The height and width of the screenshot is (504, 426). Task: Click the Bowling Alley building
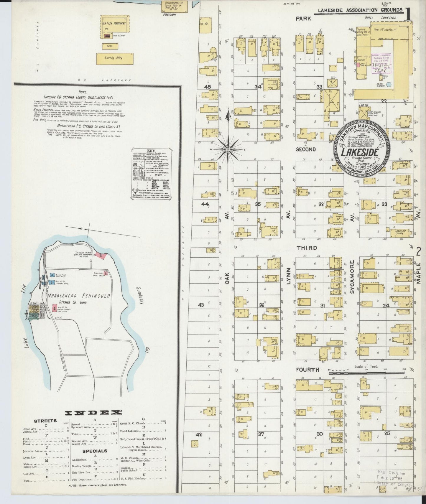pos(115,58)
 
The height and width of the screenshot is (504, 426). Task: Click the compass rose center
pos(228,149)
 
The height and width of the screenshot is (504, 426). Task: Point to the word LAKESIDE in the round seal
pos(360,153)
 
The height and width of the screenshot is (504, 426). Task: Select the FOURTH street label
pos(308,370)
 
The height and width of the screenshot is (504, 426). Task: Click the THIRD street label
pos(307,248)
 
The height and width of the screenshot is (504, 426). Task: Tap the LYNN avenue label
pos(289,276)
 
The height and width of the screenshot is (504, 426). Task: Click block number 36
pos(261,305)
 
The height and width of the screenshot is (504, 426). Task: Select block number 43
pos(201,305)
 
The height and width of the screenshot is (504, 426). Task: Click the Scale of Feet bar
pos(366,373)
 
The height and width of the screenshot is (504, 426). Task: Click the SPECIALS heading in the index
pos(95,451)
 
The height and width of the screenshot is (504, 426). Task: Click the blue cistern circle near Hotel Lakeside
pos(389,84)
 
